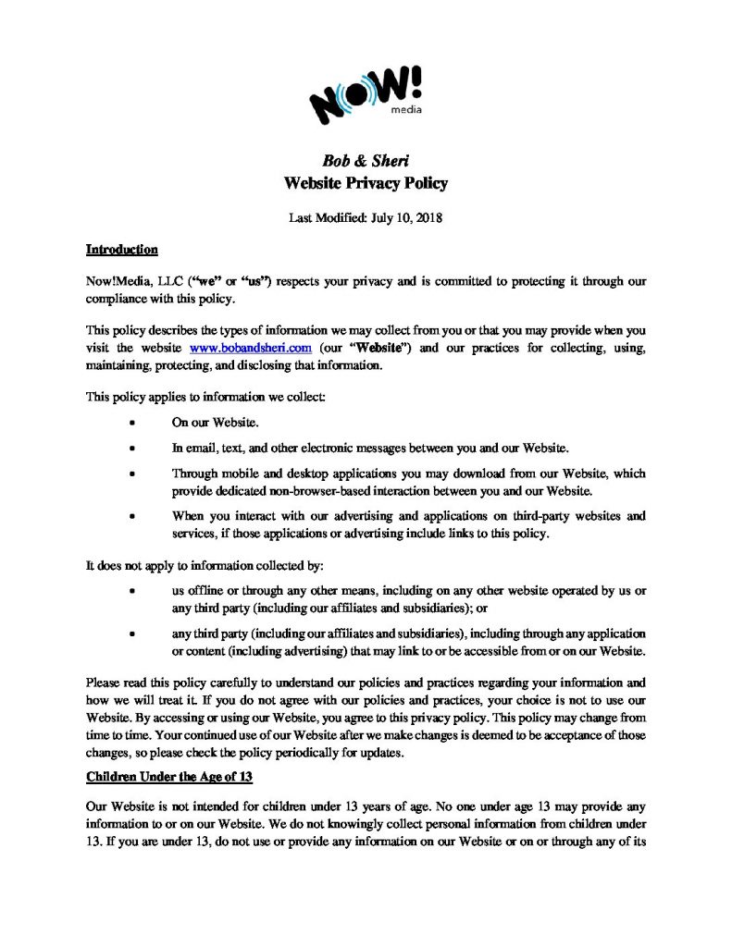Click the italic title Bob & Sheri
[365, 161]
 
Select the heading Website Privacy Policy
[365, 183]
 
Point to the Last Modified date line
[365, 219]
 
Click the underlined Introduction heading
[121, 250]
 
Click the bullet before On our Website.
[134, 424]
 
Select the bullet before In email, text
[134, 449]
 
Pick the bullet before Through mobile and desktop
[134, 473]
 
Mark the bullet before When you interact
[134, 515]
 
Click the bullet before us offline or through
[134, 590]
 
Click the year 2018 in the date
[428, 219]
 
